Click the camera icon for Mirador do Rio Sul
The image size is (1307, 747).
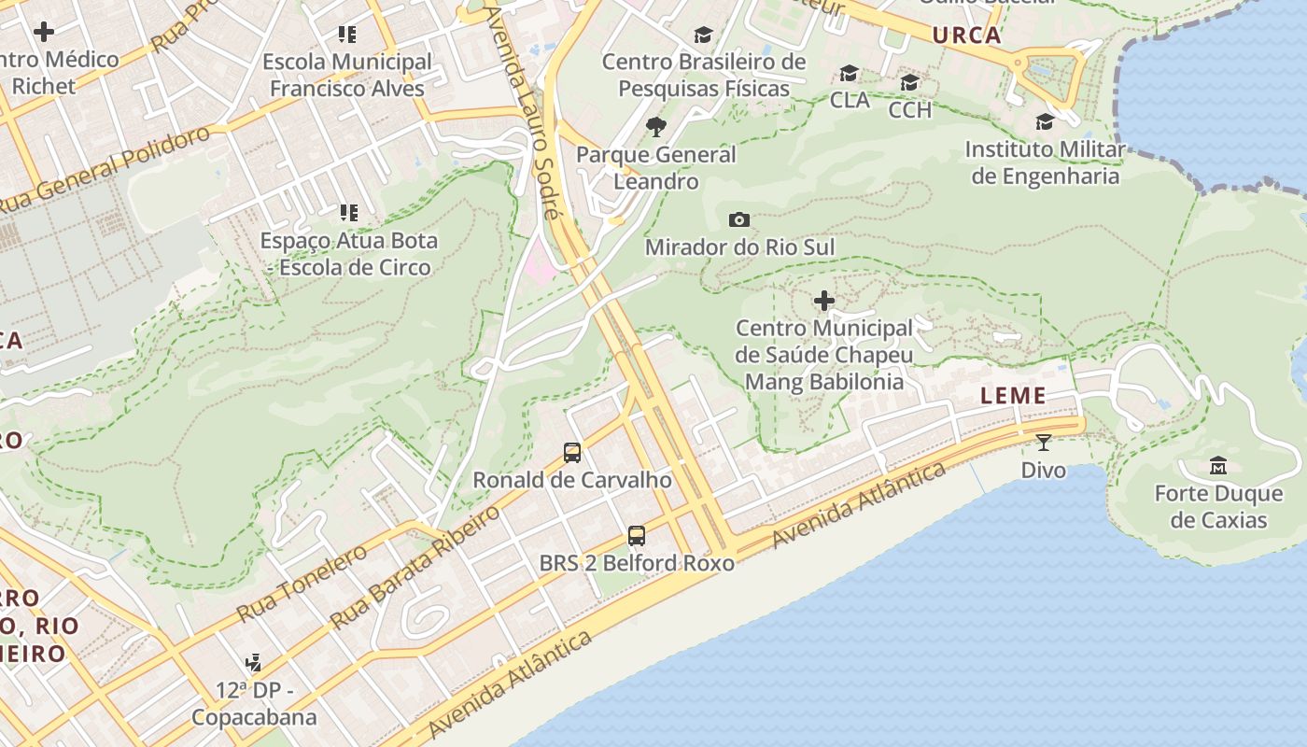(x=738, y=220)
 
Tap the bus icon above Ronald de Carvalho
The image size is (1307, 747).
(x=572, y=453)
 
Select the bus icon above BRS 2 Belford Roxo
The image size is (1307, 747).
(x=637, y=536)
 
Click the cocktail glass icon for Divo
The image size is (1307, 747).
(x=1043, y=442)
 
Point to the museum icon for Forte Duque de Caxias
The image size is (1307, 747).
(x=1218, y=465)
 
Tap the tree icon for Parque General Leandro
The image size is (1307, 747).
(x=656, y=127)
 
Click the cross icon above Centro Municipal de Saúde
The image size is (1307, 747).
(x=823, y=301)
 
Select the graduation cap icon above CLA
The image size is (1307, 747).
(x=849, y=73)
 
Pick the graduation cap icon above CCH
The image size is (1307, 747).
(x=909, y=83)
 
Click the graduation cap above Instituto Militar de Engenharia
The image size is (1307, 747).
(x=1045, y=121)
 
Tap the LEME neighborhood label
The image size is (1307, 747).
(x=1013, y=396)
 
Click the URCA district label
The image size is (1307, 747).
(x=966, y=36)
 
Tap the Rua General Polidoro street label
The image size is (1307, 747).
(x=107, y=169)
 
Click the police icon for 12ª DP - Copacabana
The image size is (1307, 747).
(x=253, y=663)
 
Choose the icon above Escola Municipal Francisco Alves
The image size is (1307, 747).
(x=347, y=35)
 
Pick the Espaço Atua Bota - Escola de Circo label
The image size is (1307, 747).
(x=348, y=253)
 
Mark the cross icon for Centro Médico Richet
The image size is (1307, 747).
(x=44, y=32)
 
